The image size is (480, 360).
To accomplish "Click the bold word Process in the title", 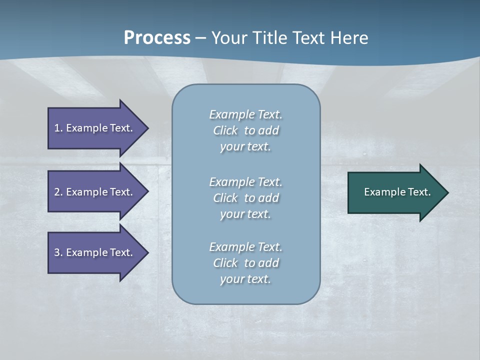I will pos(157,38).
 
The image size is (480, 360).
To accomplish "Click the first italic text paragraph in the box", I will pos(245,130).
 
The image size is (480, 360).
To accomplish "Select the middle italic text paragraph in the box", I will pos(245,198).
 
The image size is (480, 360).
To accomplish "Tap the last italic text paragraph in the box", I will pos(245,263).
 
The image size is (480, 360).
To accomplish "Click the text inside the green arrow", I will pos(397,192).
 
